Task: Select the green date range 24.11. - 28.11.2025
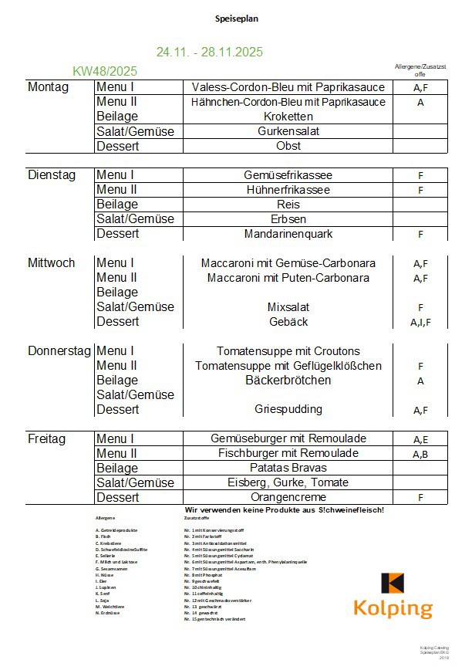(209, 52)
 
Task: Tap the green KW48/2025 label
(105, 72)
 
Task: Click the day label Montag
(48, 87)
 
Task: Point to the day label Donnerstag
(59, 351)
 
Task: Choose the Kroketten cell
(288, 117)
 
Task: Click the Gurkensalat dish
(288, 131)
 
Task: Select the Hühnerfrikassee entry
(288, 190)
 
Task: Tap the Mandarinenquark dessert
(288, 234)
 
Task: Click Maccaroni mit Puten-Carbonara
(288, 278)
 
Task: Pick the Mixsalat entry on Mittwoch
(288, 307)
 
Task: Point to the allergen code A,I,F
(420, 323)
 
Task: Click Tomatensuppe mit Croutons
(288, 351)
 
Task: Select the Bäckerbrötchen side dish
(288, 381)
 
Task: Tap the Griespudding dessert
(288, 409)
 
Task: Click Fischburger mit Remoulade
(288, 453)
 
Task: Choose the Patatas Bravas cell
(288, 468)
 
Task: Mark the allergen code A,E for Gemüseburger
(420, 439)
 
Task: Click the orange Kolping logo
(393, 596)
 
